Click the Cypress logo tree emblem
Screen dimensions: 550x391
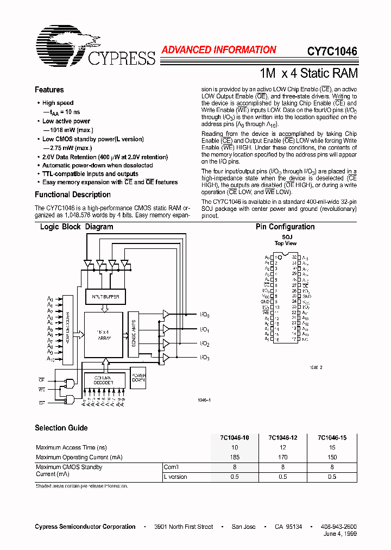click(x=61, y=42)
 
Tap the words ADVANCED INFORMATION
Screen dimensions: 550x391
click(x=219, y=50)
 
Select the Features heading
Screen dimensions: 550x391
click(x=49, y=90)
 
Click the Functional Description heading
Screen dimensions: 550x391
click(x=73, y=195)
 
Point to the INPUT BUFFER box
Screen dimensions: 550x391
click(x=106, y=297)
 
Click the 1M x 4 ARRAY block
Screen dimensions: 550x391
click(x=104, y=335)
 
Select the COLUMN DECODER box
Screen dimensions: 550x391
click(x=103, y=380)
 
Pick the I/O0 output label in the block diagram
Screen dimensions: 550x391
click(x=204, y=315)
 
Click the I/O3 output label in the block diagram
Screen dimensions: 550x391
click(x=204, y=358)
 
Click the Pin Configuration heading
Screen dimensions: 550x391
click(x=285, y=227)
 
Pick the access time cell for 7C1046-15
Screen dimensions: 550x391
click(x=332, y=448)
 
